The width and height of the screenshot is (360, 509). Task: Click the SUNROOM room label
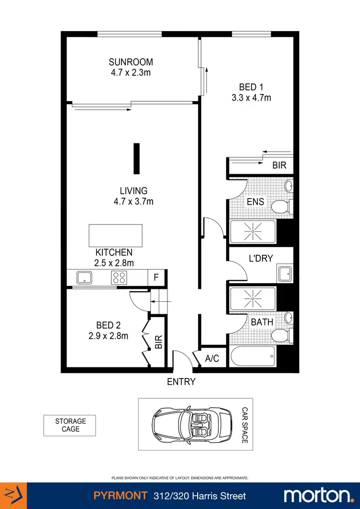click(131, 62)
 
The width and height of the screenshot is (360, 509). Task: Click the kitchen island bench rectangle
click(115, 235)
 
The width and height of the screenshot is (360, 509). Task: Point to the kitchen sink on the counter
click(85, 277)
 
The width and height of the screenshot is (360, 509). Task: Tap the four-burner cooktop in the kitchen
click(119, 277)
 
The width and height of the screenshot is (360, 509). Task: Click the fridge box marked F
click(156, 277)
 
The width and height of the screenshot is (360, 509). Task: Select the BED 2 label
click(108, 325)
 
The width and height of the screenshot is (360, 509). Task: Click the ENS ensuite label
click(255, 202)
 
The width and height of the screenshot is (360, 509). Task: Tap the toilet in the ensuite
click(280, 207)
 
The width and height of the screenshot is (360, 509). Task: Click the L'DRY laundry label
click(261, 258)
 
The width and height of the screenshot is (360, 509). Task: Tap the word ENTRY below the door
click(181, 382)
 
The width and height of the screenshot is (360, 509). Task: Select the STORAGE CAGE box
click(70, 425)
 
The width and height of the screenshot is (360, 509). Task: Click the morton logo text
click(317, 496)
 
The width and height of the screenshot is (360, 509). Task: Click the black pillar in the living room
click(137, 158)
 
